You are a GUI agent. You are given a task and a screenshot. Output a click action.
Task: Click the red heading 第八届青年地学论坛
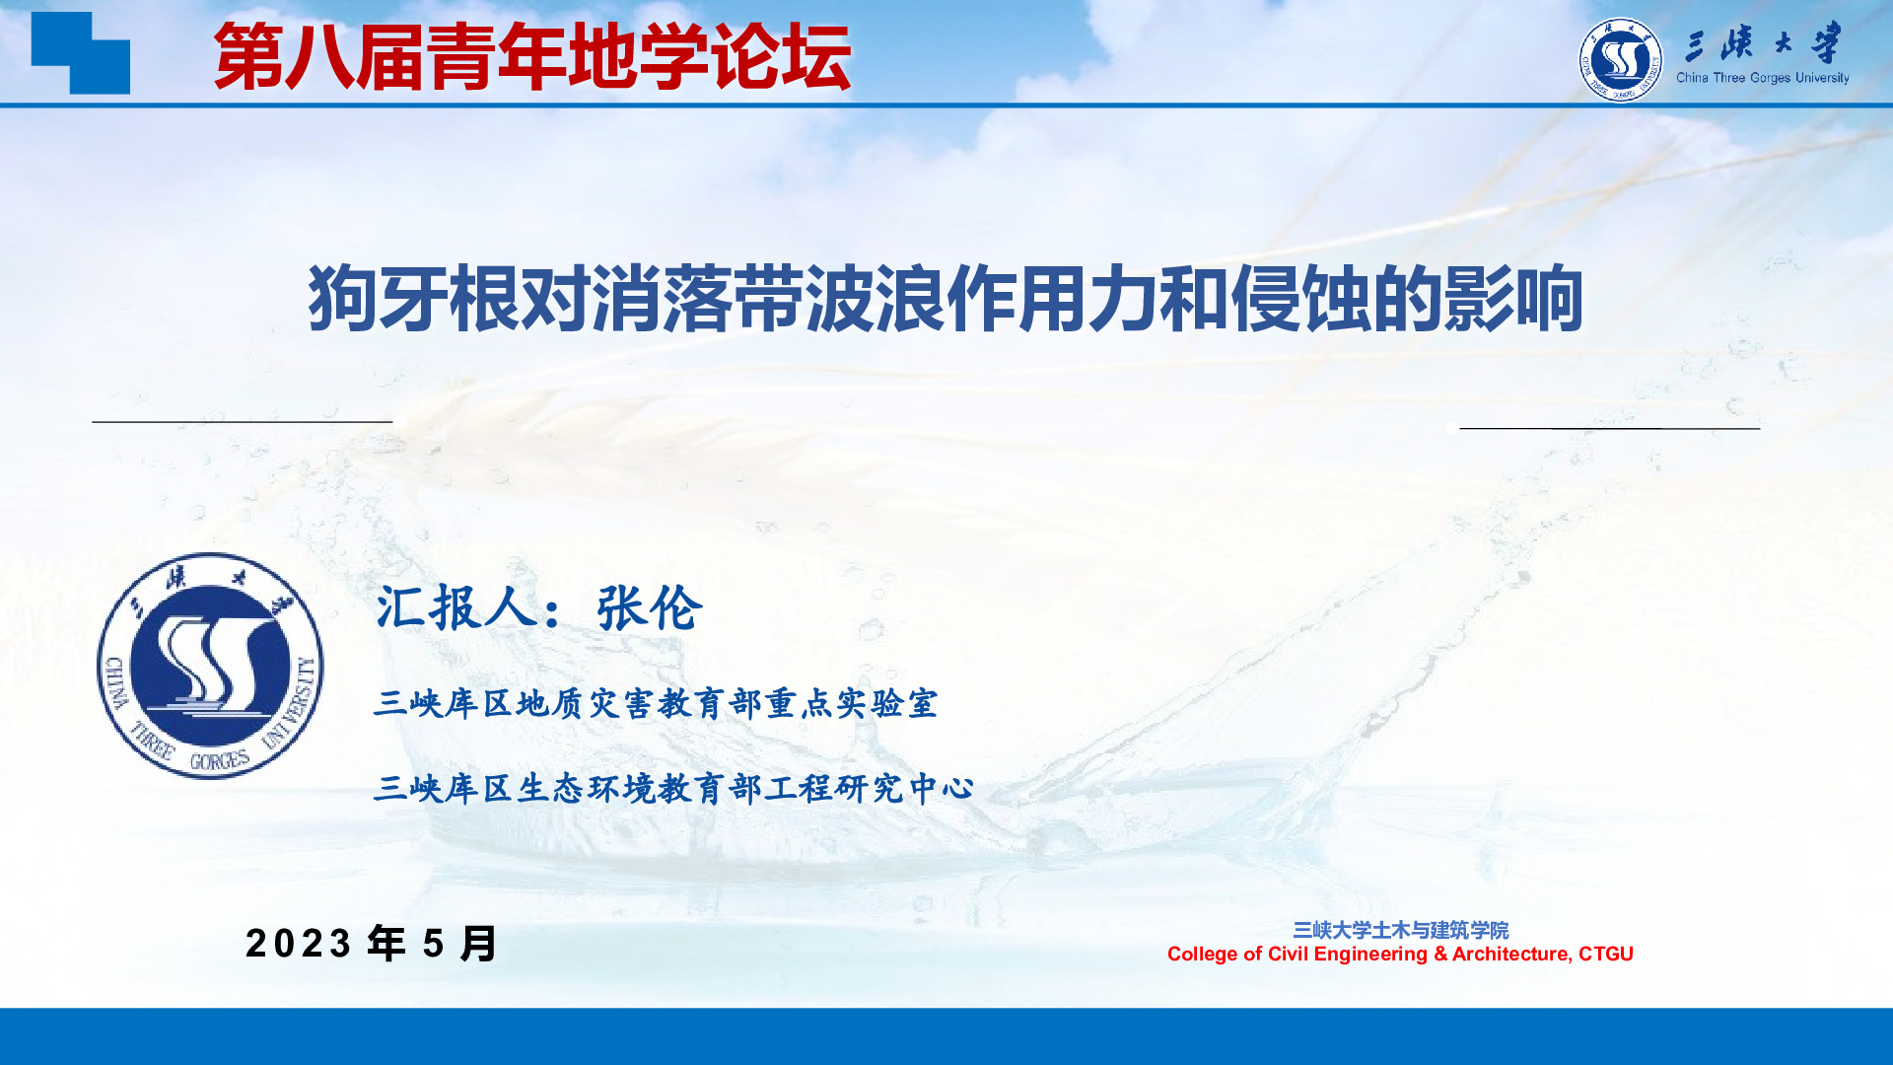tap(531, 57)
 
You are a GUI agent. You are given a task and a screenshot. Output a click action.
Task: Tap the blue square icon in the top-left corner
tap(81, 52)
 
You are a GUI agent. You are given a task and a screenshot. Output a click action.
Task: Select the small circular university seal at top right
tap(1620, 59)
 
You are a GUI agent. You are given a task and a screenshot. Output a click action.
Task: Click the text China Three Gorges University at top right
tap(1763, 78)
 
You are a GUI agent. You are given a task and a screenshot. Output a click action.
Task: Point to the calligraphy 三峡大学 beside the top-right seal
tap(1763, 43)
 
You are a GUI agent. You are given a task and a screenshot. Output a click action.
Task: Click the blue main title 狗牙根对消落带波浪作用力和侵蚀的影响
tap(946, 298)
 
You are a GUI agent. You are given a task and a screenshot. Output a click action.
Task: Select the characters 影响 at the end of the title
tap(1512, 298)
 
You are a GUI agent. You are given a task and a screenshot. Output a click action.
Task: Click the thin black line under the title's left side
tap(243, 421)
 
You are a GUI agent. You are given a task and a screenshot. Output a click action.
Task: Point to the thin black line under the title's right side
tap(1610, 428)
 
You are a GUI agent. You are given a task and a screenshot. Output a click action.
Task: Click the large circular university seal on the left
tap(210, 666)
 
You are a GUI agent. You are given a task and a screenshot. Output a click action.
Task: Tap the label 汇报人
tap(456, 607)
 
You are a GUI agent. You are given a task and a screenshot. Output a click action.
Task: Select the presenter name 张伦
tap(650, 607)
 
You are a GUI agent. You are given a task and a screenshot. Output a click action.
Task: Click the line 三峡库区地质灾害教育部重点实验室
tap(656, 703)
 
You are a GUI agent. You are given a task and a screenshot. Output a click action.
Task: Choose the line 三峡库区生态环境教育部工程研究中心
tap(674, 788)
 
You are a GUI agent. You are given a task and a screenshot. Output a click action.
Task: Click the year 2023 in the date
tap(299, 944)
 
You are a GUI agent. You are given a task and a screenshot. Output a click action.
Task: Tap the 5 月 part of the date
tap(460, 944)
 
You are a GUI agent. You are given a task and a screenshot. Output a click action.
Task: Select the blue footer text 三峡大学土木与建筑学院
tap(1400, 930)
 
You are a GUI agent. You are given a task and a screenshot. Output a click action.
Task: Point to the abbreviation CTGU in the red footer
tap(1606, 954)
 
